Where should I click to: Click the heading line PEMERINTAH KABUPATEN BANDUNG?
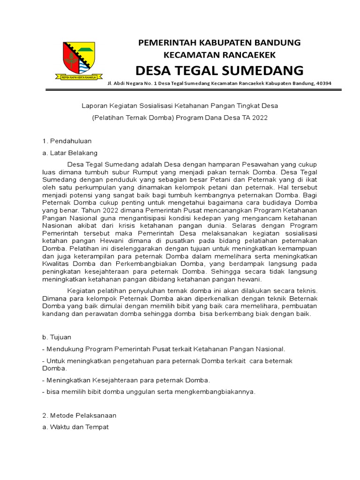coord(219,43)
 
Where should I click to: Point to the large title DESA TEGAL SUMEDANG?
coord(219,70)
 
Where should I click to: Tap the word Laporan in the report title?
coord(94,106)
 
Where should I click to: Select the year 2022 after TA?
coord(259,118)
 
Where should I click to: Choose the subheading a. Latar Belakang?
coord(70,152)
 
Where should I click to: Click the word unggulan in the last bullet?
coord(134,392)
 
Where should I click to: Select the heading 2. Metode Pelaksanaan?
coord(79,415)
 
